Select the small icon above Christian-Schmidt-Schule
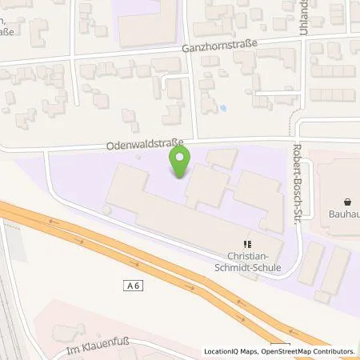[x=248, y=245]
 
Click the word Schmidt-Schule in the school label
[x=248, y=270]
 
